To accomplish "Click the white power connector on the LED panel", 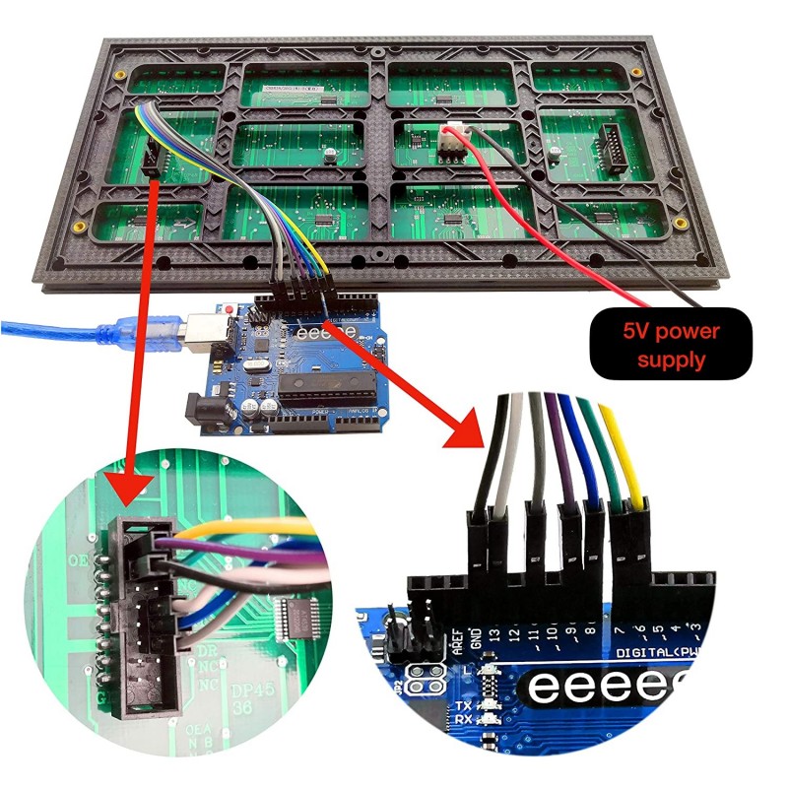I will coord(450,144).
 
